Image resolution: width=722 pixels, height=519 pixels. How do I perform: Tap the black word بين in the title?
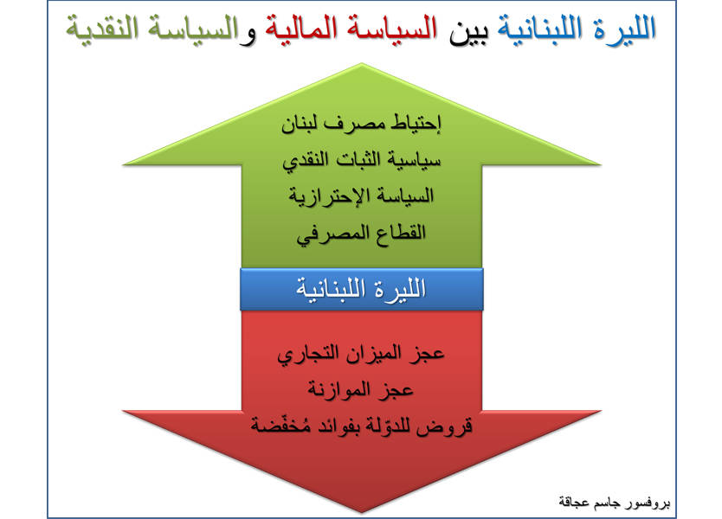click(467, 31)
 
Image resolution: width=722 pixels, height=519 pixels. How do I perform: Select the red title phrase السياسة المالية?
click(351, 29)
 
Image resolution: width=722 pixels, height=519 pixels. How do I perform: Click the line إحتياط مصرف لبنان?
click(361, 125)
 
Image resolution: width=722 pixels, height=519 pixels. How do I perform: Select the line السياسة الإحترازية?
click(362, 196)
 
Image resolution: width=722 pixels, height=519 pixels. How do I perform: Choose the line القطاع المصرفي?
click(362, 234)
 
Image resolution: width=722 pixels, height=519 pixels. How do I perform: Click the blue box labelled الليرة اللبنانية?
click(362, 289)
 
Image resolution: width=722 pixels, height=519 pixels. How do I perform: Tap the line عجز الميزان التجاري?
click(361, 355)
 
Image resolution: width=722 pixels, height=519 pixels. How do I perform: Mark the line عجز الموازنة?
click(360, 391)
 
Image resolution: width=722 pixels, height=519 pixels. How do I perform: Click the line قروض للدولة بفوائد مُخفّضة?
click(362, 425)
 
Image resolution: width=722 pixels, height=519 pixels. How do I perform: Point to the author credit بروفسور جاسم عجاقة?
click(615, 502)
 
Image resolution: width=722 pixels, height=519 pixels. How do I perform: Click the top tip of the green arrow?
click(362, 63)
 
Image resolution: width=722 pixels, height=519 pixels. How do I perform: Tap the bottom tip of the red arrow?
click(362, 512)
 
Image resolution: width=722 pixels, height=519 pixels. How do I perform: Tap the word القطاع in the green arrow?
click(400, 233)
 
